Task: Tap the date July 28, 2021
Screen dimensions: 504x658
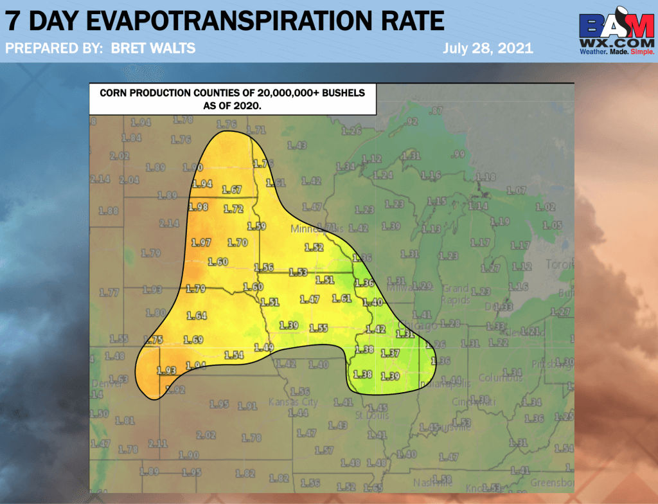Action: pos(488,48)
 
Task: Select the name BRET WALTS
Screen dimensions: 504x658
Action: pos(154,48)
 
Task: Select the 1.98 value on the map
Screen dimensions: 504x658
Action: pos(199,207)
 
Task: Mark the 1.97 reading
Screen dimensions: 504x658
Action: pos(201,242)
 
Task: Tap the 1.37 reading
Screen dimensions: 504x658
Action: pos(390,353)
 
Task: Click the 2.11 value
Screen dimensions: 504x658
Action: pos(157,444)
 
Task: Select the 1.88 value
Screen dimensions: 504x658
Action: pos(109,211)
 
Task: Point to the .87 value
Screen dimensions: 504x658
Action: pos(436,111)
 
